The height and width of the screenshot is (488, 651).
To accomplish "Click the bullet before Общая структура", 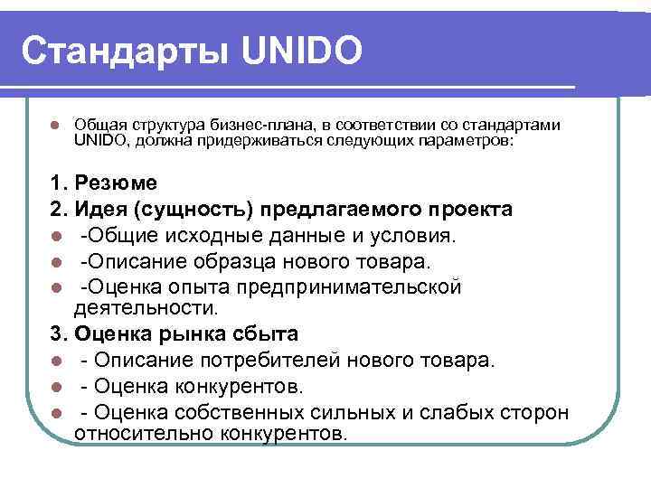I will pos(55,125).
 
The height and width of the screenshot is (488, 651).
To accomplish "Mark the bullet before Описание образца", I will pos(56,262).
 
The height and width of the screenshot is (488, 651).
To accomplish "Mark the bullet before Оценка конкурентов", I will pos(56,388).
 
